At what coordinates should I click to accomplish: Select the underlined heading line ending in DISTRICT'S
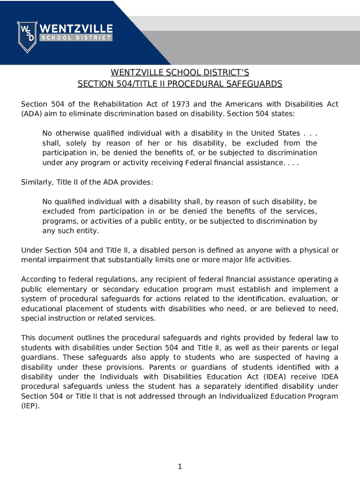(180, 73)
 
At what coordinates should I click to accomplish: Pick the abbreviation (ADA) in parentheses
(30, 114)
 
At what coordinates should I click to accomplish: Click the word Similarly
(37, 182)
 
